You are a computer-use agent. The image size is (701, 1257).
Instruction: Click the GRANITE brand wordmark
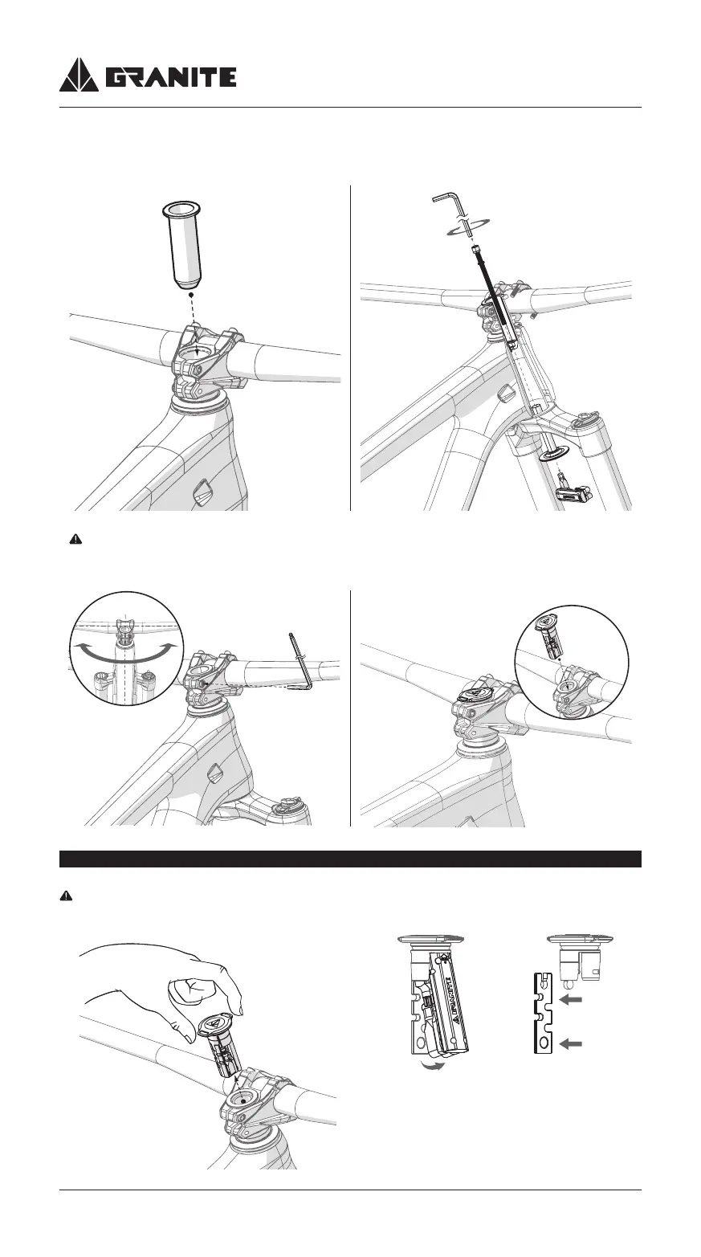171,77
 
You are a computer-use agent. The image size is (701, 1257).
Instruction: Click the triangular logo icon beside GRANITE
79,76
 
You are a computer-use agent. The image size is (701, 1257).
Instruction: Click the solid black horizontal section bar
350,859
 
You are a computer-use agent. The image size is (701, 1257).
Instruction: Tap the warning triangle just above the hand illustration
67,897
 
